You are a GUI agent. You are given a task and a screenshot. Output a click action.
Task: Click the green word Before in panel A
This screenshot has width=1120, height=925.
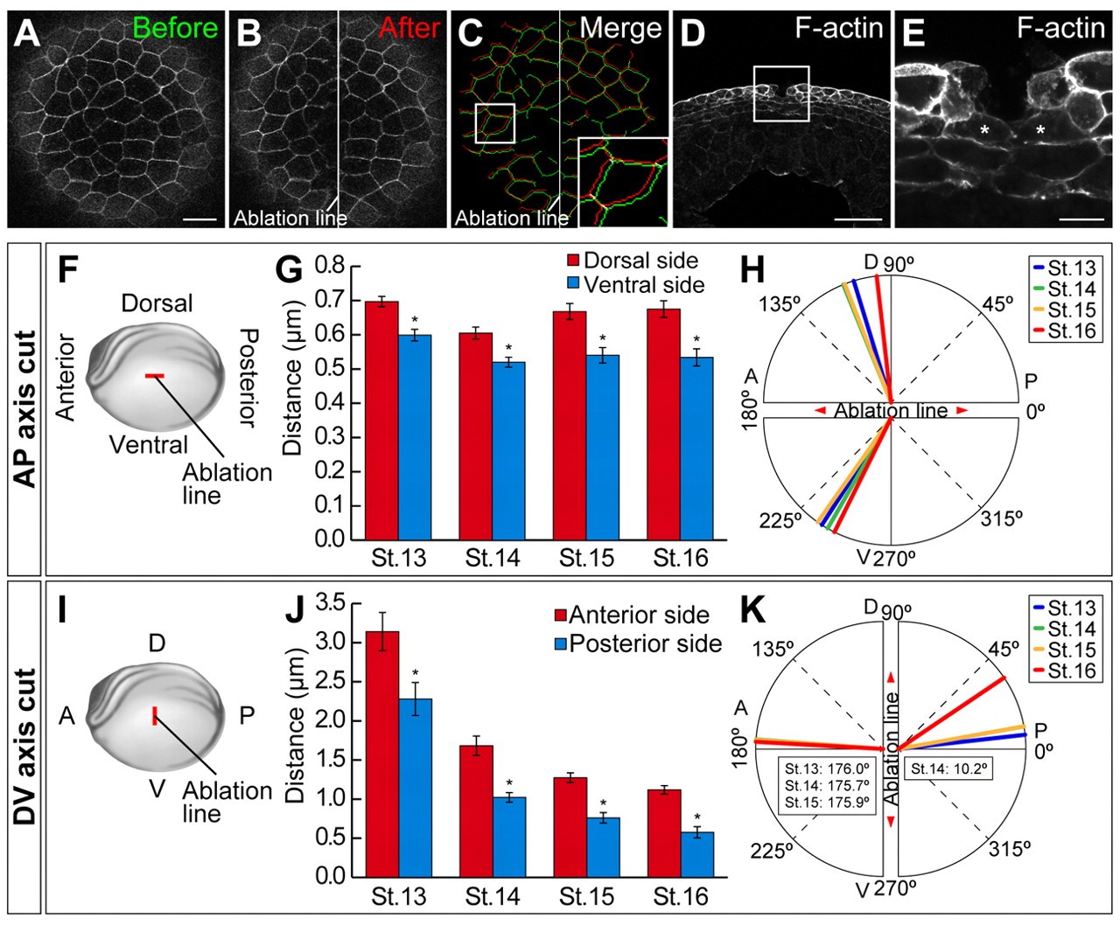[x=175, y=29]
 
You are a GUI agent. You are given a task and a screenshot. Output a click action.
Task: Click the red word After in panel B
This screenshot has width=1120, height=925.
[x=409, y=29]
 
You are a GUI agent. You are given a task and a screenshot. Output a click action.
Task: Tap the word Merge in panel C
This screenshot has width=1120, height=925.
[x=620, y=29]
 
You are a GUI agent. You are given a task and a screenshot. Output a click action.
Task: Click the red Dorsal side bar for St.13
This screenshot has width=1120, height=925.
[x=381, y=420]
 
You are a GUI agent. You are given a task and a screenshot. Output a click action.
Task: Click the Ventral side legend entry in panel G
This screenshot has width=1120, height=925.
[x=644, y=284]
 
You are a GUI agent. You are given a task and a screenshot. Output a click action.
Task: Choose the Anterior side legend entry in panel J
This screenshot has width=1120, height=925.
[x=638, y=615]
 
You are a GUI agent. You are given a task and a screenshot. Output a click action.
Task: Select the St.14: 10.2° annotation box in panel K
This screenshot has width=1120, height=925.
[x=948, y=769]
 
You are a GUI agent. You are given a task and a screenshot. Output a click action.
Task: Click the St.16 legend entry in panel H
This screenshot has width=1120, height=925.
[x=1071, y=330]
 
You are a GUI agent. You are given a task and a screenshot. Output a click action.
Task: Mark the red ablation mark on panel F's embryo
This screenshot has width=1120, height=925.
[x=154, y=375]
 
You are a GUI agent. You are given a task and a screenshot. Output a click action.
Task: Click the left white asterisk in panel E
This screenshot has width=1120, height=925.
[x=984, y=130]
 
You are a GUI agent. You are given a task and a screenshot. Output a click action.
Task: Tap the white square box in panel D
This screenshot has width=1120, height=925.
[x=780, y=94]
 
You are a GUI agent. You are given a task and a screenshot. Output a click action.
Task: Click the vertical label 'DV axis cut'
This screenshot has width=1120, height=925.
[x=25, y=747]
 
